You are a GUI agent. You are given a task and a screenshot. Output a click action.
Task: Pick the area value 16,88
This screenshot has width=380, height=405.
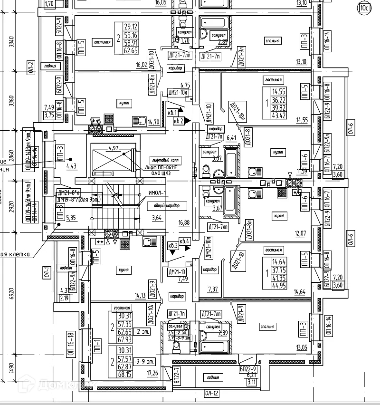pyautogui.click(x=184, y=222)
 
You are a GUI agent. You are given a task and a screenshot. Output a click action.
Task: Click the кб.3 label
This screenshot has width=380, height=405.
pyautogui.click(x=172, y=245)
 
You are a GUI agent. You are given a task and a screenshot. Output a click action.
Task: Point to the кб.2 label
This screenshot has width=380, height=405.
pyautogui.click(x=179, y=121)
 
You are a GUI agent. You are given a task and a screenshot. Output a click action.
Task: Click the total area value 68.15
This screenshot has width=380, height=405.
pyautogui.click(x=124, y=374)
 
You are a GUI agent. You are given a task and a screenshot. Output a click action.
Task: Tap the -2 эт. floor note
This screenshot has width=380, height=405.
pyautogui.click(x=141, y=332)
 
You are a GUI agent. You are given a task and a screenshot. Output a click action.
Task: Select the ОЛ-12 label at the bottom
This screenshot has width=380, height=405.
pyautogui.click(x=212, y=393)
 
